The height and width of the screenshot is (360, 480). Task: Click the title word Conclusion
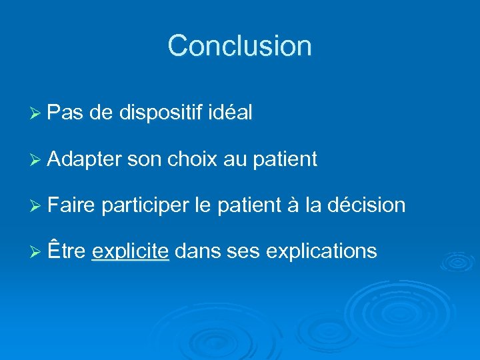point(239,46)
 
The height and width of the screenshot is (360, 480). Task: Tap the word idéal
point(230,113)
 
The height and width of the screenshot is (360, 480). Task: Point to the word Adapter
point(85,159)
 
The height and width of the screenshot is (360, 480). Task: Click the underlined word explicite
point(130,252)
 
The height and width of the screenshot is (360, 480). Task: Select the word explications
point(321,252)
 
